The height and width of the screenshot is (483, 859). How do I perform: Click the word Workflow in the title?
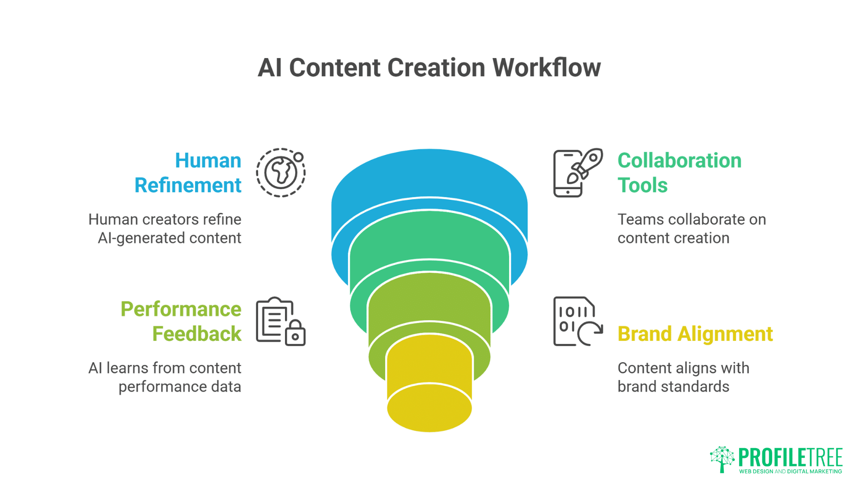tap(546, 68)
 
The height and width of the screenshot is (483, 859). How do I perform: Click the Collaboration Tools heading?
tap(679, 173)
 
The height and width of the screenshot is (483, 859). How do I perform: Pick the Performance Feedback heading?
tap(181, 321)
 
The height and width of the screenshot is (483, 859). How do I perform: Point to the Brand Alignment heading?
tap(695, 334)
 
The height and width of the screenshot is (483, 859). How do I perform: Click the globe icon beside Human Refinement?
tap(281, 173)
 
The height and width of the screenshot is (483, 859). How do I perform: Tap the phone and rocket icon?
tap(578, 173)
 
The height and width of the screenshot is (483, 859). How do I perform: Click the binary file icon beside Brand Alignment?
tap(578, 321)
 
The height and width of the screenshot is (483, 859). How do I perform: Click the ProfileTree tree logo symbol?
tap(722, 459)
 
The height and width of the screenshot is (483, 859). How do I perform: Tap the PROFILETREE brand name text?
tap(791, 457)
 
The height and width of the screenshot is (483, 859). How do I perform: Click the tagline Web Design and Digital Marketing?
tap(791, 471)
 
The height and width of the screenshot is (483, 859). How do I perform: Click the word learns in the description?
tap(127, 368)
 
